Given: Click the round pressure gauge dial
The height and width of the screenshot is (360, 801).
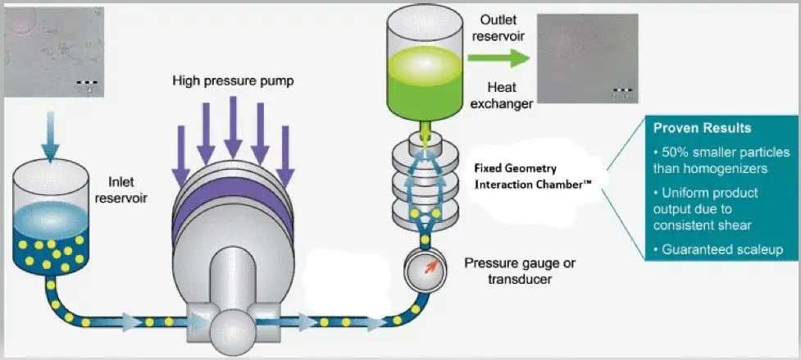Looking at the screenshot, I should click(423, 267).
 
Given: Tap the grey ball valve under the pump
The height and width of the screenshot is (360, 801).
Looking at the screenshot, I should click(230, 327).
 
